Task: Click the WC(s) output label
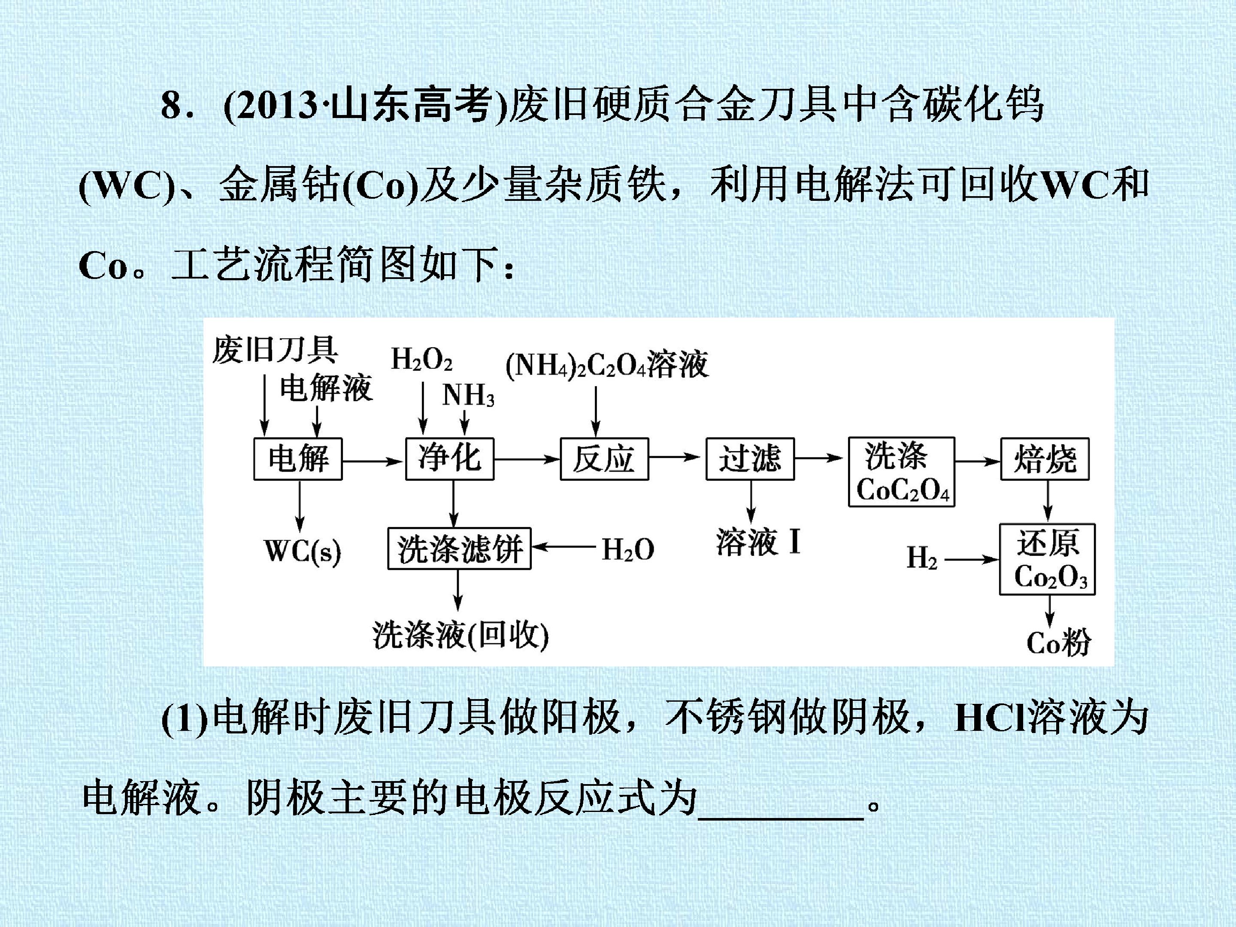coord(302,551)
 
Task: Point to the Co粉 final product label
coord(1059,642)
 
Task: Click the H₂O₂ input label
coord(422,359)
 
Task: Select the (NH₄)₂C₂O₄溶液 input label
coord(607,365)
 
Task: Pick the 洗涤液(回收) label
coord(460,635)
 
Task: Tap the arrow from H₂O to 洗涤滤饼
coord(563,548)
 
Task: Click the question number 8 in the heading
coord(172,106)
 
